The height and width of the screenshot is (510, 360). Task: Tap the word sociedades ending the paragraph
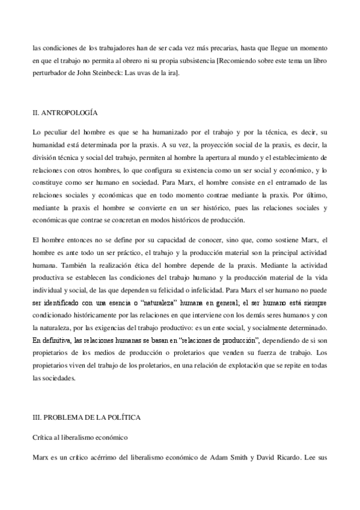59,362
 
